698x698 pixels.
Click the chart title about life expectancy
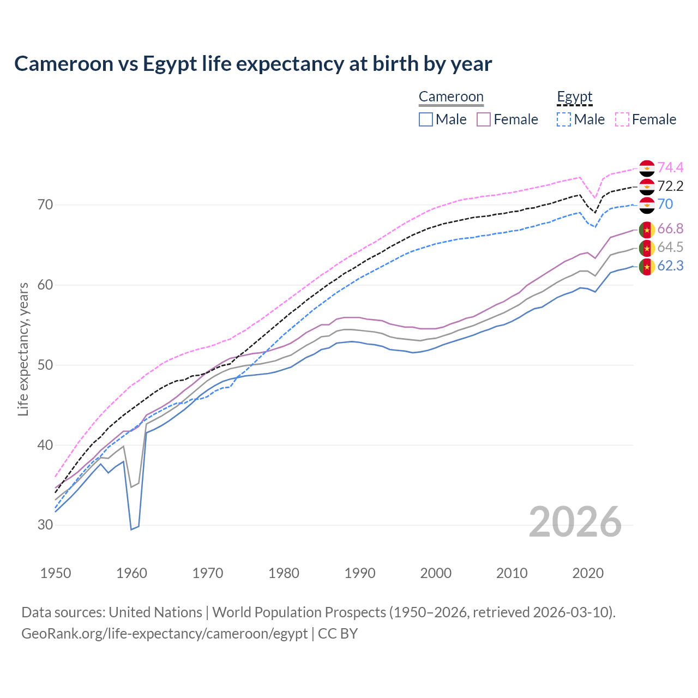coord(253,64)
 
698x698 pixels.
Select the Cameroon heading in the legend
coord(451,97)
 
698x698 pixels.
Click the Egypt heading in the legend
coord(574,97)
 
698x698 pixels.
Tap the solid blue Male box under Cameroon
coord(426,119)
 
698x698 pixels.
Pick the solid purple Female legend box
coord(484,119)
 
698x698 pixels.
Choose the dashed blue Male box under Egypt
coord(564,119)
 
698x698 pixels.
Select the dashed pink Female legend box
coord(622,119)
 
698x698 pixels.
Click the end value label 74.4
coord(670,167)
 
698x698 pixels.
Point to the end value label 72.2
coord(670,186)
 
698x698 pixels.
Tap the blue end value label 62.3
coord(670,266)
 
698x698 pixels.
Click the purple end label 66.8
coord(670,228)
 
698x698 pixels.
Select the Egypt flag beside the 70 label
coord(647,204)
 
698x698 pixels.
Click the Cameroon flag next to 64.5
coord(647,248)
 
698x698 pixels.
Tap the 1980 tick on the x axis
coord(284,573)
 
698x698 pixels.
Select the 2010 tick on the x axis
coord(512,573)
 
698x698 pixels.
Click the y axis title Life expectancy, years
coord(23,349)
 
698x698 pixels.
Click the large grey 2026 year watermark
coord(575,522)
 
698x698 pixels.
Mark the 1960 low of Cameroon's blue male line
coord(131,529)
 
